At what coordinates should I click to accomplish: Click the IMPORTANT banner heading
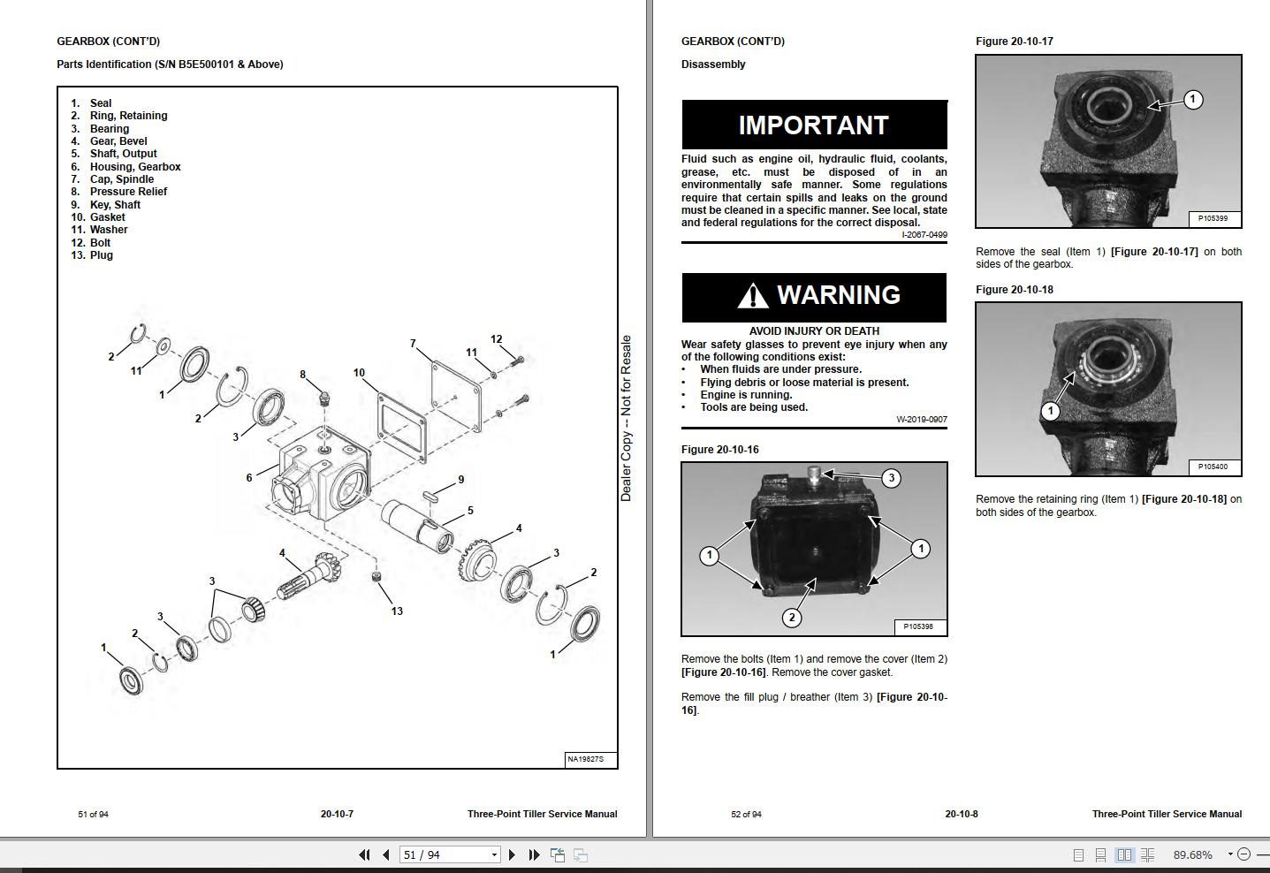pyautogui.click(x=813, y=125)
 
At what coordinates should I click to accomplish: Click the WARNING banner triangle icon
pyautogui.click(x=752, y=295)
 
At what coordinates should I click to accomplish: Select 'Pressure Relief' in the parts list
pyautogui.click(x=128, y=192)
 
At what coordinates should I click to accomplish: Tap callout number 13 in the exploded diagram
pyautogui.click(x=397, y=611)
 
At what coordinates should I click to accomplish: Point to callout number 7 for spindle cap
pyautogui.click(x=413, y=344)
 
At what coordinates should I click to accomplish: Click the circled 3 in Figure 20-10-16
pyautogui.click(x=891, y=478)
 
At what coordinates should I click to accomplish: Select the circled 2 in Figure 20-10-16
pyautogui.click(x=792, y=618)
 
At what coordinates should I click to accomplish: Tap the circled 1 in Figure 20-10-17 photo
pyautogui.click(x=1192, y=100)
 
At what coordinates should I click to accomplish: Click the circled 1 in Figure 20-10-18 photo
pyautogui.click(x=1050, y=411)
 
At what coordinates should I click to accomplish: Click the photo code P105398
pyautogui.click(x=918, y=626)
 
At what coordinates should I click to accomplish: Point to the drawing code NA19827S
pyautogui.click(x=586, y=759)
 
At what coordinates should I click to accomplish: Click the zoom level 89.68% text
pyautogui.click(x=1192, y=854)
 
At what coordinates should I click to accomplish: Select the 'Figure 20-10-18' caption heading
pyautogui.click(x=1014, y=290)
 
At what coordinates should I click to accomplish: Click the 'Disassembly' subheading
pyautogui.click(x=713, y=65)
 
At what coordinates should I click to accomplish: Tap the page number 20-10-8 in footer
pyautogui.click(x=961, y=814)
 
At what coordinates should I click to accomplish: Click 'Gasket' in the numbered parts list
pyautogui.click(x=107, y=217)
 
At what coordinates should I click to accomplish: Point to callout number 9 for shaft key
pyautogui.click(x=460, y=480)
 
